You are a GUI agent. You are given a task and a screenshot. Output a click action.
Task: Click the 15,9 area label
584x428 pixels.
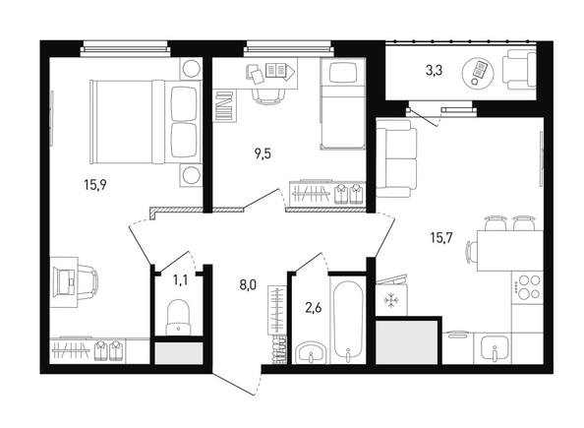[x=95, y=185]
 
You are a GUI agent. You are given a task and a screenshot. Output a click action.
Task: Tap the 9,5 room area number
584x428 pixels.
[x=263, y=153]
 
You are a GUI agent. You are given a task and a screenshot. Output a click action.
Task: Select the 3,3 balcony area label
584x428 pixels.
[x=434, y=70]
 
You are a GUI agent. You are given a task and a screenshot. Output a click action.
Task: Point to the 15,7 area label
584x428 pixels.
[x=441, y=237]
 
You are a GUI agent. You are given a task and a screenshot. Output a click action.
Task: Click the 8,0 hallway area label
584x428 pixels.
[x=248, y=285]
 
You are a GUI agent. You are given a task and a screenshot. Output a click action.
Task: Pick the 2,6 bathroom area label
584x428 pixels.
[x=314, y=308]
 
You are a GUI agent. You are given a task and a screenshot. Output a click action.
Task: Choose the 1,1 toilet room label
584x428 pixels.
[x=180, y=280]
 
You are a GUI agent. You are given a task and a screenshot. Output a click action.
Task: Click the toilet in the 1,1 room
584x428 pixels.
[x=178, y=317]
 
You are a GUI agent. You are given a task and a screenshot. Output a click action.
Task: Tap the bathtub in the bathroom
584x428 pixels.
[x=348, y=320]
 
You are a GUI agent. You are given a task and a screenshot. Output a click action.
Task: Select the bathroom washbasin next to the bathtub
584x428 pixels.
[x=311, y=352]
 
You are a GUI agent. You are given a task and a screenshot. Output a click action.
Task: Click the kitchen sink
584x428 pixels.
[x=495, y=349]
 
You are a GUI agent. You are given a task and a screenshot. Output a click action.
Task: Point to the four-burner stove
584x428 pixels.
[x=527, y=286]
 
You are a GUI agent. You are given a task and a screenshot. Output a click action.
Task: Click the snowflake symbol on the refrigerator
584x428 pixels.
[x=390, y=300]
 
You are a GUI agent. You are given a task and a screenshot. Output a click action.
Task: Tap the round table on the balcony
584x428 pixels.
[x=478, y=73]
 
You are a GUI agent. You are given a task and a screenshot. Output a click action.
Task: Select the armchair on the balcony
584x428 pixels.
[x=519, y=71]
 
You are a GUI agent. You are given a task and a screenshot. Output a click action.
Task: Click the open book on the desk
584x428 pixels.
[x=276, y=70]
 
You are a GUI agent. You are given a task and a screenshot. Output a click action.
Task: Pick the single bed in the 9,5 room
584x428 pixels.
[x=342, y=104]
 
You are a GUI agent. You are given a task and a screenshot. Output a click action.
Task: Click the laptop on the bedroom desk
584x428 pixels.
[x=65, y=281]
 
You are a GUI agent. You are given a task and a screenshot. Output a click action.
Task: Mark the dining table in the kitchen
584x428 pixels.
[x=510, y=251]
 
